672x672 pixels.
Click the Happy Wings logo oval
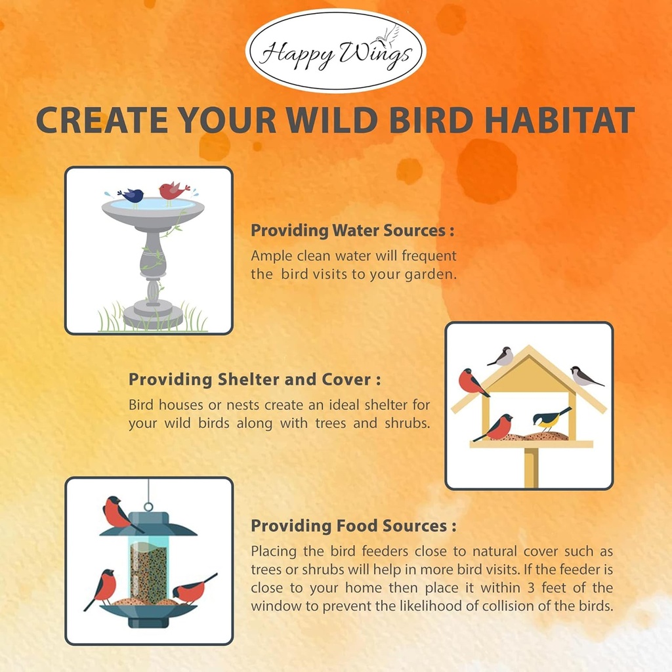click(x=335, y=51)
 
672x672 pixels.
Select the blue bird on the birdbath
click(x=132, y=195)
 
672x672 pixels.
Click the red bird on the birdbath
click(x=173, y=191)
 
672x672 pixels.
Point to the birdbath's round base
click(x=152, y=317)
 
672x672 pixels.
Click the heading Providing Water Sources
click(x=353, y=231)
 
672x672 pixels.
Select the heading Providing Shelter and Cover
click(x=255, y=380)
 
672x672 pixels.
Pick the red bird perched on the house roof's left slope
click(x=472, y=382)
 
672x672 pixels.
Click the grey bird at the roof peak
click(x=502, y=356)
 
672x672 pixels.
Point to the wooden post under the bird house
click(x=531, y=467)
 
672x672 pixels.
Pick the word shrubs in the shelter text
click(x=406, y=423)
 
